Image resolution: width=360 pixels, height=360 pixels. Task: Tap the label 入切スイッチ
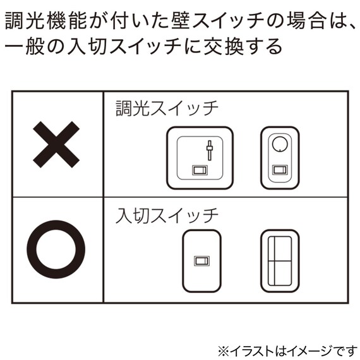[x=167, y=215]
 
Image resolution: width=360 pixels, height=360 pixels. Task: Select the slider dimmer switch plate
[x=200, y=159]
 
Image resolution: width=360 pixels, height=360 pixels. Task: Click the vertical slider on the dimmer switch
[x=209, y=152]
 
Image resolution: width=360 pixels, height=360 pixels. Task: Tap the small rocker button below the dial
[x=279, y=169]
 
